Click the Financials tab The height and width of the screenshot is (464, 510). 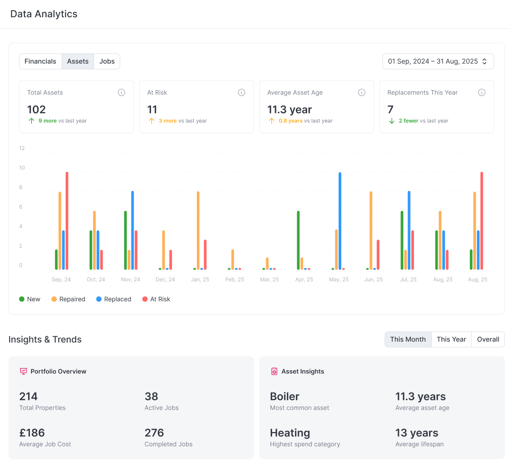(x=40, y=61)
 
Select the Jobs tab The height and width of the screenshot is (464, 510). (x=107, y=61)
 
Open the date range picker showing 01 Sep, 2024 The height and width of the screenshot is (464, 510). (x=438, y=61)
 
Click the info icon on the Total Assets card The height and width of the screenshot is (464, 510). (x=122, y=93)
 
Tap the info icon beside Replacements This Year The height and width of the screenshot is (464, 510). (x=481, y=93)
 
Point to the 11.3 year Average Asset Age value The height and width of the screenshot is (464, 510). (x=289, y=110)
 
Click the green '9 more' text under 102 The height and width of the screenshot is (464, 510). (x=48, y=121)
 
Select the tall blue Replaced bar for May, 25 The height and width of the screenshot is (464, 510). (x=340, y=221)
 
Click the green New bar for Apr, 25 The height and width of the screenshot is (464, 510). (x=298, y=240)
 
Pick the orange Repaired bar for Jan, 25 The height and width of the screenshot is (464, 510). (x=198, y=230)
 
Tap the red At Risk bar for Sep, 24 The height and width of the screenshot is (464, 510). (x=67, y=221)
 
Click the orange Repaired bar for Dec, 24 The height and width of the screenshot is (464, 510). (x=164, y=250)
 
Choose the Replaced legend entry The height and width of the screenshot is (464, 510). (x=114, y=299)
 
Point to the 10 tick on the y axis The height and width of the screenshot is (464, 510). (x=22, y=168)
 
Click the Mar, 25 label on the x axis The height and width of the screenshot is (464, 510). (x=269, y=280)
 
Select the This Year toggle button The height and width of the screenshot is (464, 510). (x=451, y=339)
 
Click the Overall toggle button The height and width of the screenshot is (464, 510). (x=488, y=339)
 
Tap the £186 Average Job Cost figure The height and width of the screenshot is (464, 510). (x=32, y=433)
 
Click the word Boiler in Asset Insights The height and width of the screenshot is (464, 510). (x=285, y=396)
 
